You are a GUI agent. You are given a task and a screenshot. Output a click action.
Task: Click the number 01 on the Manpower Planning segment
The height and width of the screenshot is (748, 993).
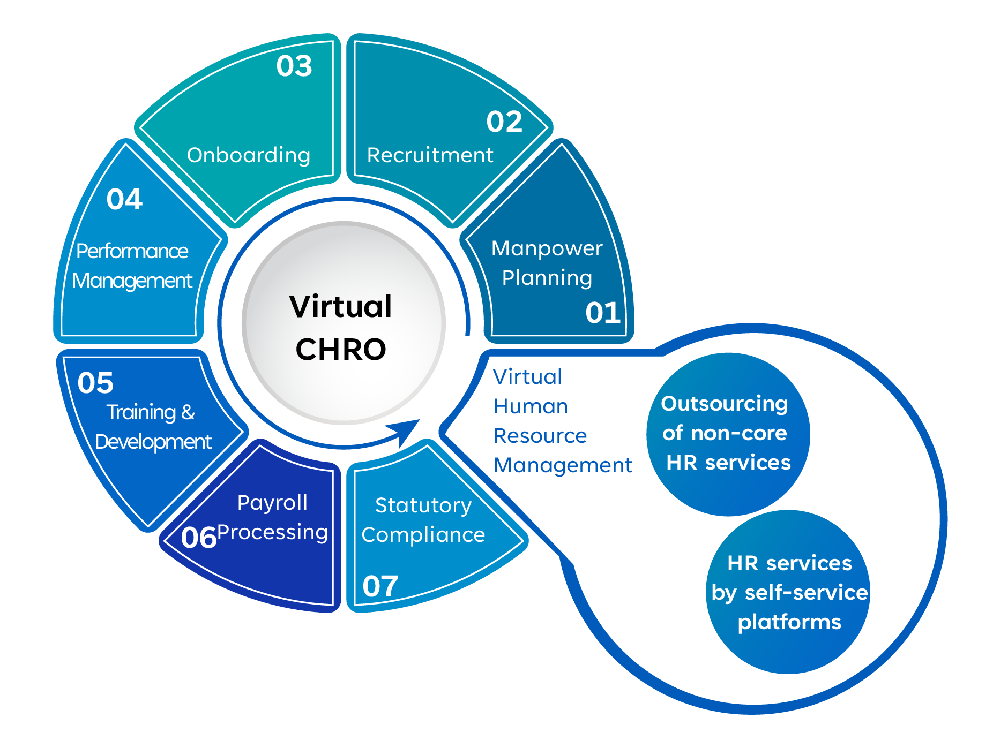coord(602,313)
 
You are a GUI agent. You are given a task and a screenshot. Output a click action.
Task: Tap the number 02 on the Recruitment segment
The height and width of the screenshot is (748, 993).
coord(504,122)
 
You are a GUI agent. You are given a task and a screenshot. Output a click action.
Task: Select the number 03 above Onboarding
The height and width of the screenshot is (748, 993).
coord(294,66)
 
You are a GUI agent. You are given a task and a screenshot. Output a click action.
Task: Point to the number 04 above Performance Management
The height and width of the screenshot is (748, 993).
coord(124,199)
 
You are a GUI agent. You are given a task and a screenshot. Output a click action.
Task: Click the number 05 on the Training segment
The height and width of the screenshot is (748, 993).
coord(95,383)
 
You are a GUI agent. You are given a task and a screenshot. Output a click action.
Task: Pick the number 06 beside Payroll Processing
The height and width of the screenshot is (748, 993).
coord(198,538)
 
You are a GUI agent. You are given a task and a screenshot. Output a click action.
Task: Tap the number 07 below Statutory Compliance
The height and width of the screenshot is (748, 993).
coord(380,586)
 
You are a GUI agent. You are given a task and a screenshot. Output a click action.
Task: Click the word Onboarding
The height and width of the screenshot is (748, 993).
coord(248,155)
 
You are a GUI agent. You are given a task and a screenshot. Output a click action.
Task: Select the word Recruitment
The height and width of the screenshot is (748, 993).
coord(430,155)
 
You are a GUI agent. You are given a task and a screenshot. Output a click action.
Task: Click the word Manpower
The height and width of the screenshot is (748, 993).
coord(547,248)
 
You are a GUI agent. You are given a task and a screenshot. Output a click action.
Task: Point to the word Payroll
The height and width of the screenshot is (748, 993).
coord(272,503)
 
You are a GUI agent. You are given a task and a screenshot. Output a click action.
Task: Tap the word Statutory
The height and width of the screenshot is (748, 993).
coord(423,505)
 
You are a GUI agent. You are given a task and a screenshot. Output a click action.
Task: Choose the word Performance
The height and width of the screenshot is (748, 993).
coord(132,251)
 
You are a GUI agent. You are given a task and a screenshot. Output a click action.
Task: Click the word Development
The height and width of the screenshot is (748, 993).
coord(153,442)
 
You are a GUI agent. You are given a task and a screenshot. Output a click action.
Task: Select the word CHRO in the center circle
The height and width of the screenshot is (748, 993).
coord(341,350)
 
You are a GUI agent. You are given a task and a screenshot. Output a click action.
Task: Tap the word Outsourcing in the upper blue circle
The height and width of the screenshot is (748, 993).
coord(725,404)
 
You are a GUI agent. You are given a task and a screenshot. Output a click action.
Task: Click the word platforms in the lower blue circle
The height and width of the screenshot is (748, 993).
coord(789,622)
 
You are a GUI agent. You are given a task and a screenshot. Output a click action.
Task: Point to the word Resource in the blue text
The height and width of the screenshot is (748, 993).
coord(540,436)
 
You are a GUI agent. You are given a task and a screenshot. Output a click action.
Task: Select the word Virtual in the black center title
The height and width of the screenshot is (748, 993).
coord(341,307)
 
